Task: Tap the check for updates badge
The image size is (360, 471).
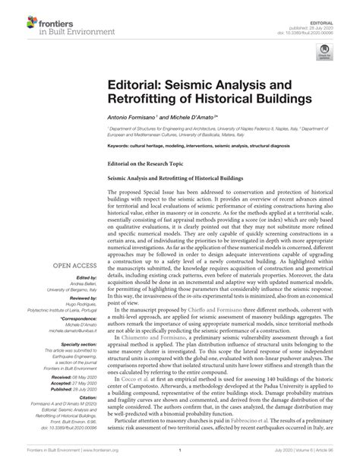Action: coord(326,51)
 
